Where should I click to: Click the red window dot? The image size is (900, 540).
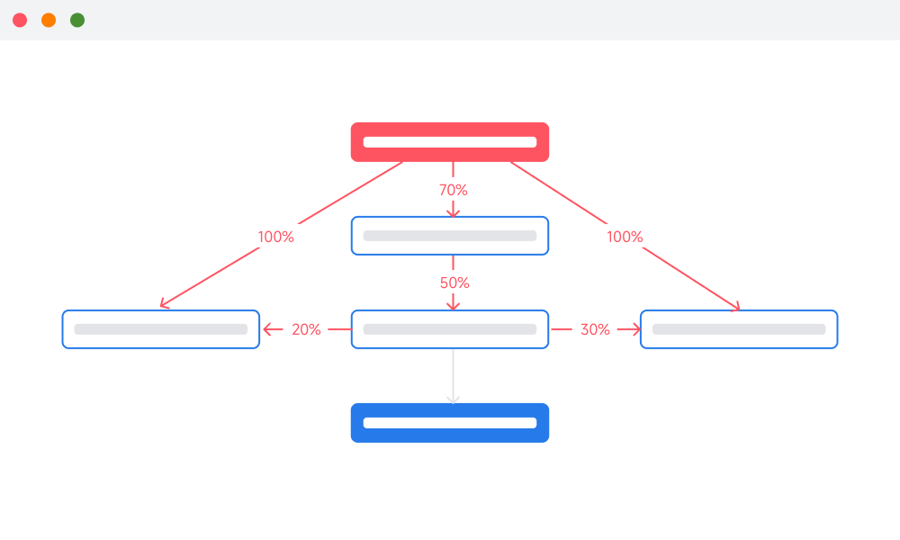pyautogui.click(x=20, y=20)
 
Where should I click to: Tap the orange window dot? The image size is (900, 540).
pyautogui.click(x=49, y=20)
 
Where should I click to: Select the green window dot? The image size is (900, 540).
pyautogui.click(x=77, y=20)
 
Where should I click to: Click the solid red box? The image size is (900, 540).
pyautogui.click(x=450, y=141)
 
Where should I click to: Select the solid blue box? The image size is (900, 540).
pyautogui.click(x=450, y=423)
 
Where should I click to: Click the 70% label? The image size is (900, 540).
pyautogui.click(x=454, y=190)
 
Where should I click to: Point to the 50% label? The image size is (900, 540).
pyautogui.click(x=454, y=283)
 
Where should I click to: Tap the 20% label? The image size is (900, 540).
pyautogui.click(x=306, y=329)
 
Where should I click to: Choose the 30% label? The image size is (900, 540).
pyautogui.click(x=595, y=329)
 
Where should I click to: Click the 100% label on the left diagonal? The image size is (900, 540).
pyautogui.click(x=275, y=237)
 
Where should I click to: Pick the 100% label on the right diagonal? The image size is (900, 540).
pyautogui.click(x=625, y=237)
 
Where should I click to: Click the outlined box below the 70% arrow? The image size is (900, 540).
pyautogui.click(x=450, y=236)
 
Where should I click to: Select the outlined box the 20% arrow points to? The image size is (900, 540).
pyautogui.click(x=161, y=329)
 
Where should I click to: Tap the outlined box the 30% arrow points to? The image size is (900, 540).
pyautogui.click(x=739, y=329)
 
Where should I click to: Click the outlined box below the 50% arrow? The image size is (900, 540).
pyautogui.click(x=450, y=329)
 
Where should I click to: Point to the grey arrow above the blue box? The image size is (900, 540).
pyautogui.click(x=453, y=376)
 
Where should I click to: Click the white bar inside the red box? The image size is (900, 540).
pyautogui.click(x=450, y=142)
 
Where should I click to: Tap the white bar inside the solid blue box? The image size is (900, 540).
pyautogui.click(x=450, y=423)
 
